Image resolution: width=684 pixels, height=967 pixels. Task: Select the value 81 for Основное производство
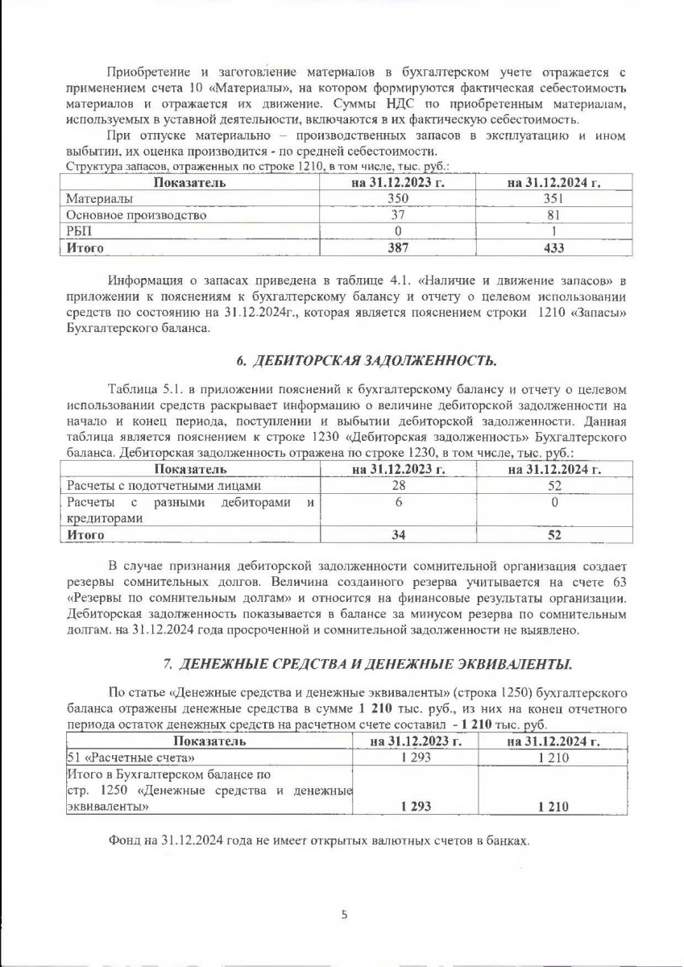pos(553,215)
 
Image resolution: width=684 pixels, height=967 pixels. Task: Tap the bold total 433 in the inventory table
pos(553,247)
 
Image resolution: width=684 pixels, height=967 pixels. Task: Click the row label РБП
pos(79,231)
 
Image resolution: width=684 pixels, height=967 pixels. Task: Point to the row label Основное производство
pos(136,215)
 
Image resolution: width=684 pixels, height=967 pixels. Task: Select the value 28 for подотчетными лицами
pos(398,486)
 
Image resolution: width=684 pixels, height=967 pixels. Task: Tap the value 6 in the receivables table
pos(398,502)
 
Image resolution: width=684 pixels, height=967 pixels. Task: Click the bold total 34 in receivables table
pos(398,534)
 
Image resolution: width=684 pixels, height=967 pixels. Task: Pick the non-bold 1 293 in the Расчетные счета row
pos(414,757)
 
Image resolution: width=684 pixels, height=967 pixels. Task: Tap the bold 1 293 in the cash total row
pos(414,806)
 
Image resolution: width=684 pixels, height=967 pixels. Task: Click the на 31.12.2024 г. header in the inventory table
pos(553,182)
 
